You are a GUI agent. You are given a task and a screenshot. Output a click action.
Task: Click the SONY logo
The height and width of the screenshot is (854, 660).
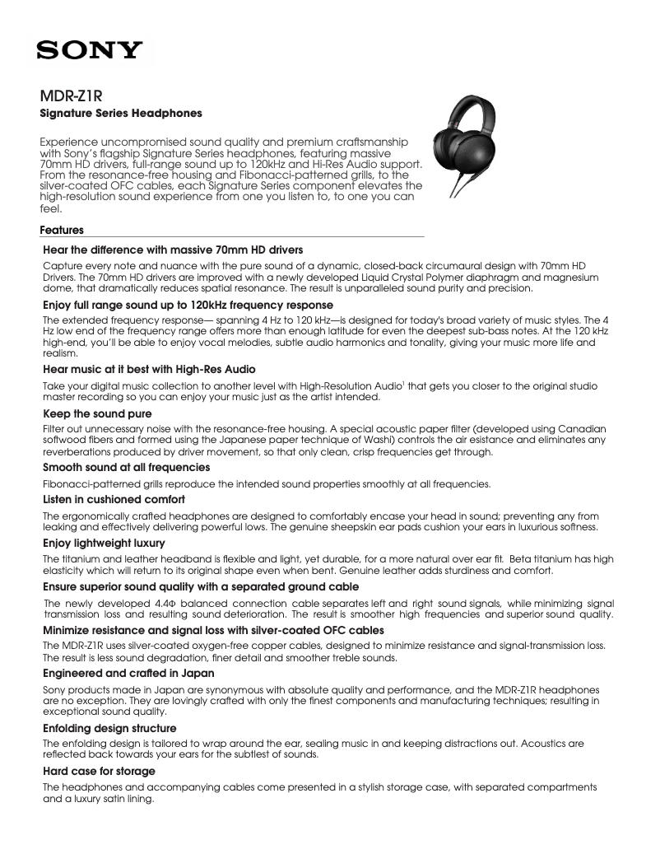coord(89,51)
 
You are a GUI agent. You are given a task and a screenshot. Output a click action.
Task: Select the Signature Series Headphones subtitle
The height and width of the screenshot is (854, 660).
coord(121,112)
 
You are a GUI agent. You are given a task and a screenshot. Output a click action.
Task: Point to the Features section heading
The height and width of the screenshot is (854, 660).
coord(62,231)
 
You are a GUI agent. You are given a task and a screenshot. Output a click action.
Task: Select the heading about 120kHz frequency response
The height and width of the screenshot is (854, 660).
coord(176,305)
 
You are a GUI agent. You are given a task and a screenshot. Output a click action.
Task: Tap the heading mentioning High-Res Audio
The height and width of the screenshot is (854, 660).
coord(149,368)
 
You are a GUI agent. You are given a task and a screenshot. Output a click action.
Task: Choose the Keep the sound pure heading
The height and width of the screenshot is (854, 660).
coord(97,413)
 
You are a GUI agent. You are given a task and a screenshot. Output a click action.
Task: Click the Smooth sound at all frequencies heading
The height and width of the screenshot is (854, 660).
coord(126,467)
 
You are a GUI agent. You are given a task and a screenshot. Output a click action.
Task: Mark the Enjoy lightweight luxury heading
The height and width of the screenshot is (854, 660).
coord(104,543)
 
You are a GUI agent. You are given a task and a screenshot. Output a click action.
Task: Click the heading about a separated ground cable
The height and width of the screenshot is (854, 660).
coord(201,586)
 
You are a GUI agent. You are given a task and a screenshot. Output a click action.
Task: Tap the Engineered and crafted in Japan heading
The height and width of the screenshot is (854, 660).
coord(128,673)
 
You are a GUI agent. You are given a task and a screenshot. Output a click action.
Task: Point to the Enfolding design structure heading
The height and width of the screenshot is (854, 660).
coord(109,728)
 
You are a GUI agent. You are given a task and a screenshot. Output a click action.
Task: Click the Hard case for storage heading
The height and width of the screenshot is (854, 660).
coord(99,771)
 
